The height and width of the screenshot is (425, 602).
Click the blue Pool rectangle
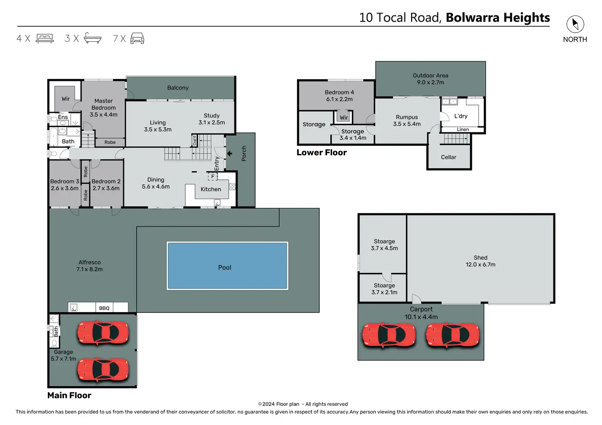[227, 266]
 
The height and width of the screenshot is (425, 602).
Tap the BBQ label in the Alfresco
[104, 308]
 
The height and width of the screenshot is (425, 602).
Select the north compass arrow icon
[575, 24]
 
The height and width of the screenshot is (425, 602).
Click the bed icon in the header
[45, 38]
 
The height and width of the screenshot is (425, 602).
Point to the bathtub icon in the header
[92, 38]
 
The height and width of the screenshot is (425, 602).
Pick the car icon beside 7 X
[137, 38]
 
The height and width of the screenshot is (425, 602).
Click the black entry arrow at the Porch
[229, 154]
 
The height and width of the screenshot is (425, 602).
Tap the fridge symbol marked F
[213, 177]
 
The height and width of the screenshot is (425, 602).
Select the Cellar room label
[449, 157]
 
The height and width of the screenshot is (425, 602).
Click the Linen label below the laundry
[463, 130]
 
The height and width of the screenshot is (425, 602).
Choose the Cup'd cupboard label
[194, 141]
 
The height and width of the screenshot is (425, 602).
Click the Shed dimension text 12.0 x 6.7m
[481, 264]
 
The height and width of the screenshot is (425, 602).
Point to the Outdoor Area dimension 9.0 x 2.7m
[431, 83]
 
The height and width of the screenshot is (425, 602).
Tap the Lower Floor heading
[322, 152]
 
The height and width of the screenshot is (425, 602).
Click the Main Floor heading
[70, 395]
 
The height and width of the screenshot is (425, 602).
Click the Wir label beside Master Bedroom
[65, 99]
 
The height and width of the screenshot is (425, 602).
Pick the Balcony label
[178, 88]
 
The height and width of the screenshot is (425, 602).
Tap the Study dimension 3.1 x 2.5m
[212, 123]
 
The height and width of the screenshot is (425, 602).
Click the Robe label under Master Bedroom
[110, 142]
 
